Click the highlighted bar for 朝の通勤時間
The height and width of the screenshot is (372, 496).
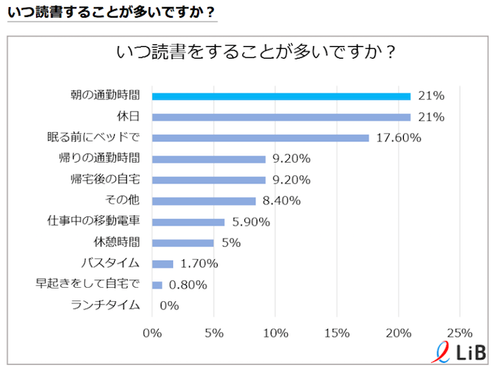click(x=281, y=96)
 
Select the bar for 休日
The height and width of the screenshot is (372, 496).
click(x=281, y=117)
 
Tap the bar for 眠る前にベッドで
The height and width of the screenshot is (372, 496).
click(x=261, y=138)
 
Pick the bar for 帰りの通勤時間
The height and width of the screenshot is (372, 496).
click(x=209, y=159)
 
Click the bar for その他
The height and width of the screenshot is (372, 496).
click(x=204, y=201)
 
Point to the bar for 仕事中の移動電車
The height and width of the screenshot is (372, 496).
click(x=188, y=222)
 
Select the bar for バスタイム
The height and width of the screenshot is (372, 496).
click(x=163, y=264)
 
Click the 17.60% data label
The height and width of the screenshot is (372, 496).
click(x=398, y=138)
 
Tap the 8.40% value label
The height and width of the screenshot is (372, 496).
click(x=281, y=201)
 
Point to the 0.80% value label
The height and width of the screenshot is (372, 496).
click(x=188, y=285)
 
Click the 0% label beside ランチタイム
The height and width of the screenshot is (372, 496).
click(x=169, y=306)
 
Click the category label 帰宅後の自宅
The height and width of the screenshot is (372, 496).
click(x=106, y=180)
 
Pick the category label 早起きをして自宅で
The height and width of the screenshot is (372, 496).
click(x=88, y=285)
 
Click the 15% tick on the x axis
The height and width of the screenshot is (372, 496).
click(x=337, y=333)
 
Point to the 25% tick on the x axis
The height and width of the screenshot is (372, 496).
click(x=460, y=333)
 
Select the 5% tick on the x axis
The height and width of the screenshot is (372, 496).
click(x=214, y=333)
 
